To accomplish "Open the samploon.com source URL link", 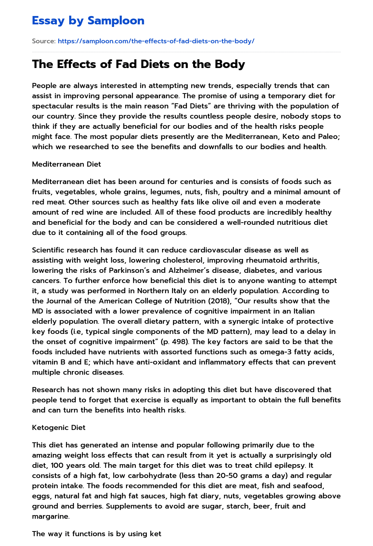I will pyautogui.click(x=156, y=41).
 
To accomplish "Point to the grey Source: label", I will pyautogui.click(x=44, y=41).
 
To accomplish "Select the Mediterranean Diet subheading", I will pyautogui.click(x=66, y=164).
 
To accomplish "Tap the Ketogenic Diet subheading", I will pyautogui.click(x=59, y=427).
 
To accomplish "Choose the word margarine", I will pyautogui.click(x=50, y=516).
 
